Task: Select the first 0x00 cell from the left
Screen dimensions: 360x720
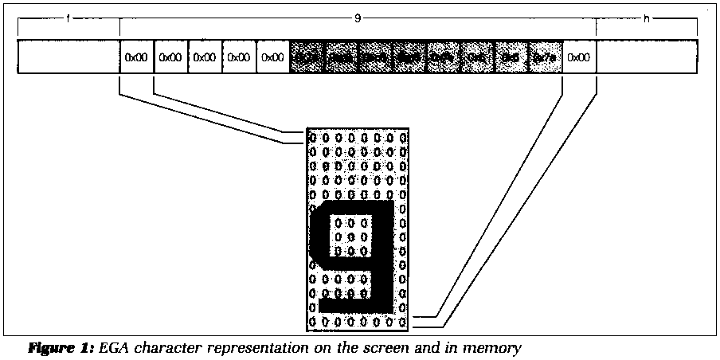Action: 136,57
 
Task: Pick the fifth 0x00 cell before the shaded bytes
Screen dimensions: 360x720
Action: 273,57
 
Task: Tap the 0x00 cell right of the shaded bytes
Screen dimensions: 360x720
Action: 580,57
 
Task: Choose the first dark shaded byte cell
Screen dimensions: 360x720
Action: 307,57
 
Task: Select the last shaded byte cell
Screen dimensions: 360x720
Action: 546,57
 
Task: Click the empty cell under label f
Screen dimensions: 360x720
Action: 68,57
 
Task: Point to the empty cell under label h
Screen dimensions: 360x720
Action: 648,57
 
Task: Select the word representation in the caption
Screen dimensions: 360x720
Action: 252,347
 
